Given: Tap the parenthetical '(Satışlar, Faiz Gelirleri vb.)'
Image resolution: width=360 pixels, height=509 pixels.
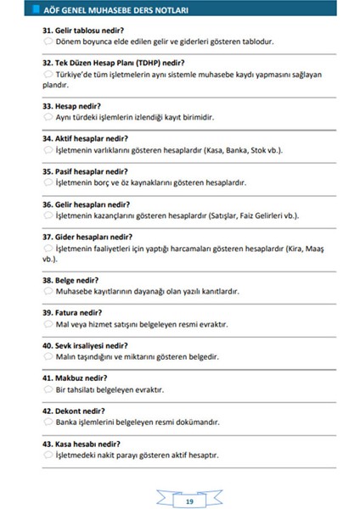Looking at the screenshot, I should [x=253, y=215].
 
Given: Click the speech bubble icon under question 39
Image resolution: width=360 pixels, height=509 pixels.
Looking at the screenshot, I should [x=47, y=324].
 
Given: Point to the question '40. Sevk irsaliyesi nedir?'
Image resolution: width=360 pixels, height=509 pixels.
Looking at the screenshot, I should [x=92, y=346].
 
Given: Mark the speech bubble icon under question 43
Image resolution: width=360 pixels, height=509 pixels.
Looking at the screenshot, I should [x=47, y=456].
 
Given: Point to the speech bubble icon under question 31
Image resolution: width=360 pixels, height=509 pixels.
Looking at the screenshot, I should [x=47, y=42].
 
